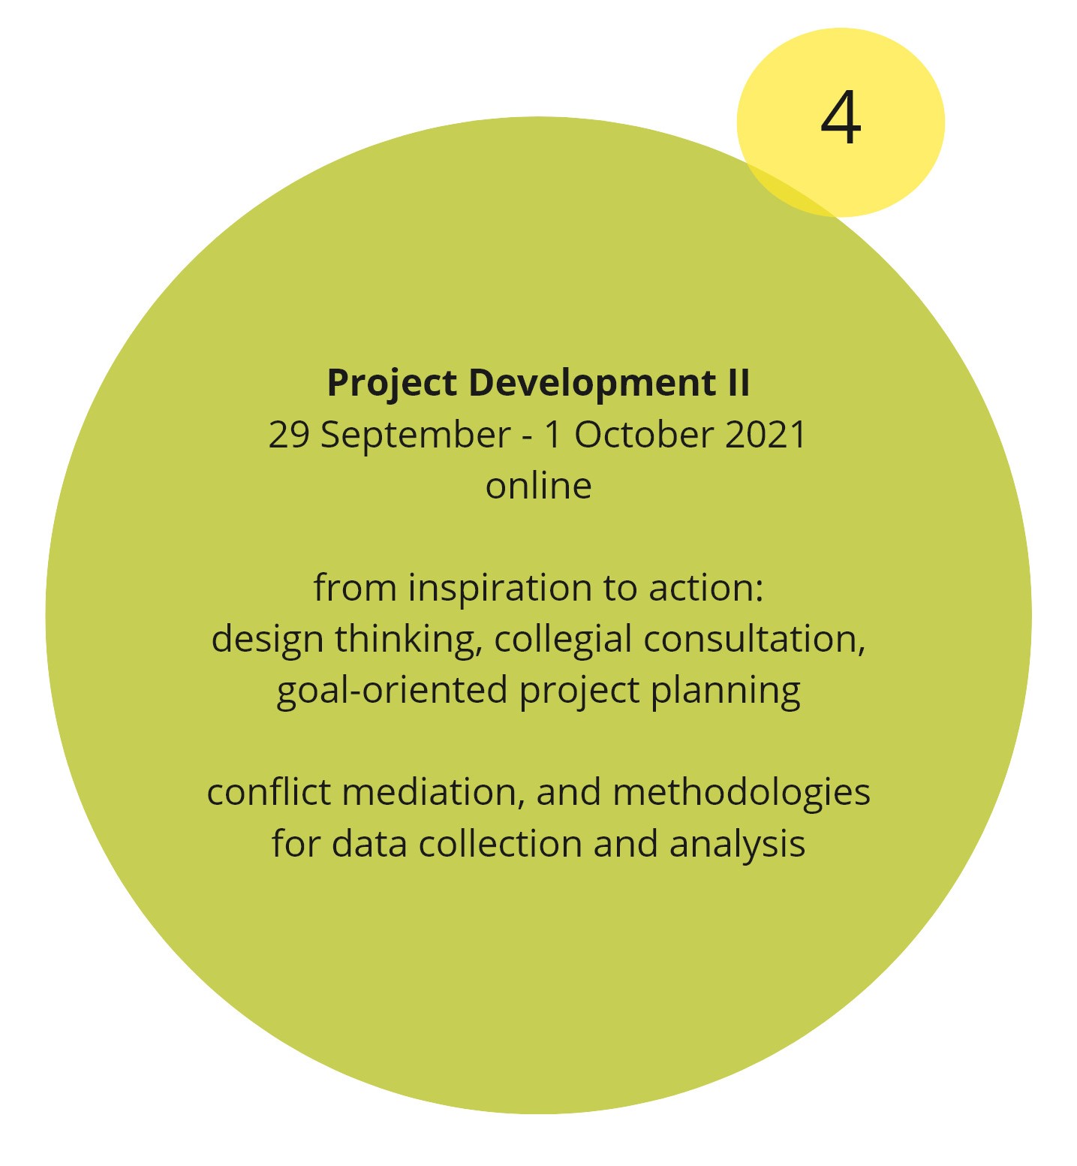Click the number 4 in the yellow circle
click(841, 118)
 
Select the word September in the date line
click(415, 436)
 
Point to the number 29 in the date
click(289, 435)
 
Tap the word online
click(539, 485)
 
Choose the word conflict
click(269, 793)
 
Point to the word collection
click(501, 844)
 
